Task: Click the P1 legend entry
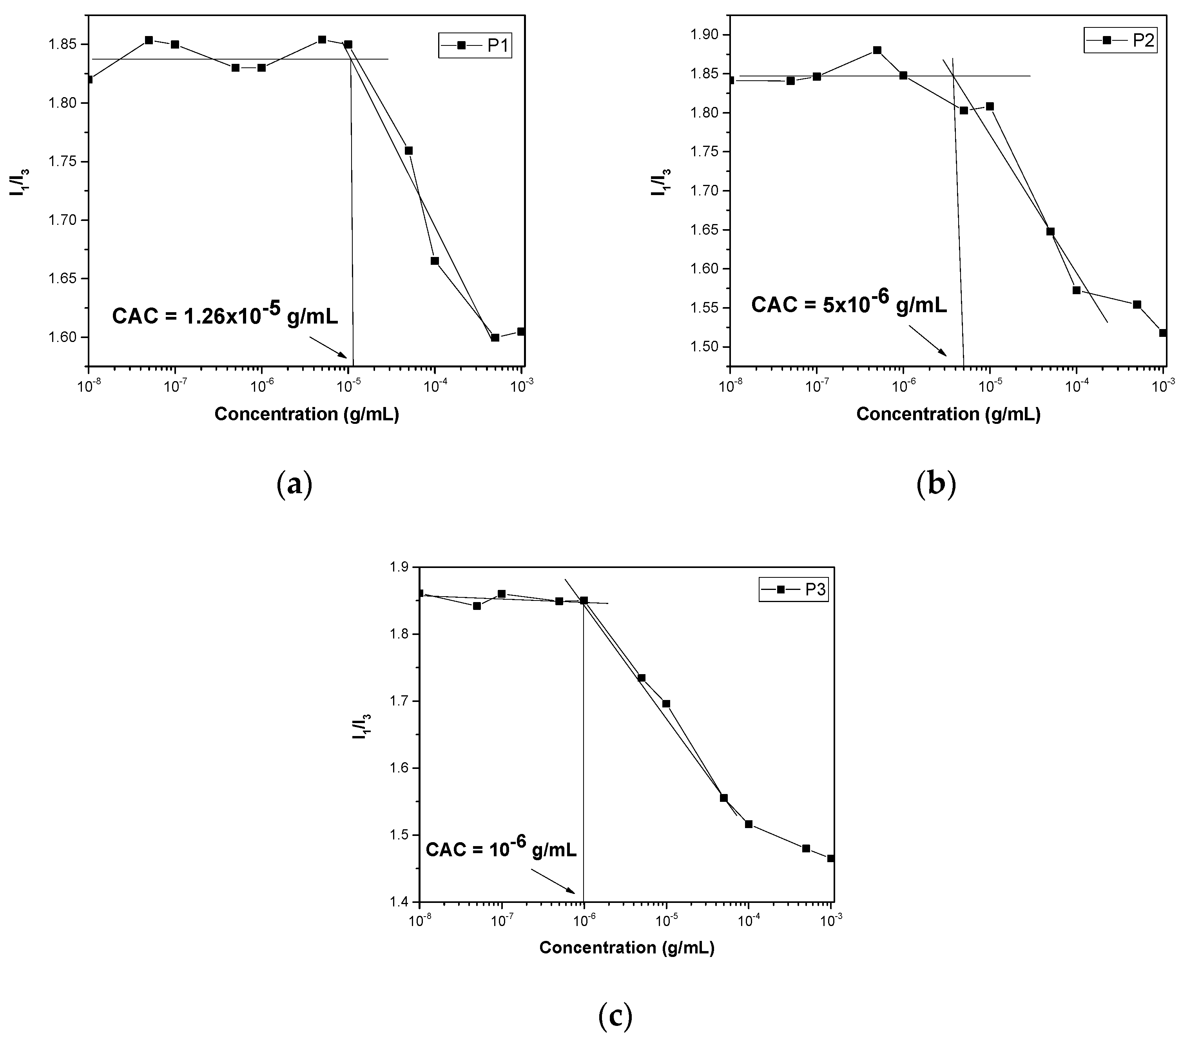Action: (475, 45)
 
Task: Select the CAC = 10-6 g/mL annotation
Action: (501, 849)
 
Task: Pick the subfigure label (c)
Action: (615, 1017)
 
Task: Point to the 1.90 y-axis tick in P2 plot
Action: (708, 35)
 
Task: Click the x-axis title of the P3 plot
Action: (627, 948)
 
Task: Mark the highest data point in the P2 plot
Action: (877, 50)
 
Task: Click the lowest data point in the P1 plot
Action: (495, 338)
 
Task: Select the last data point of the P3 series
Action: (831, 859)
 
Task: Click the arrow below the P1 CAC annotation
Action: (328, 347)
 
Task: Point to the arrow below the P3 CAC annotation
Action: (552, 882)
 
